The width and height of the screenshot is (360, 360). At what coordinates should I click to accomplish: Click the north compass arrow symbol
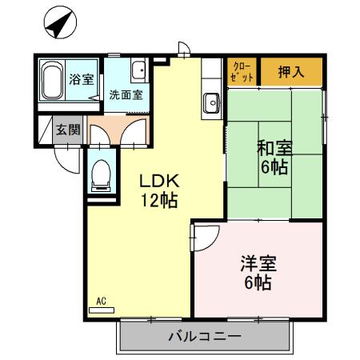pos(58,24)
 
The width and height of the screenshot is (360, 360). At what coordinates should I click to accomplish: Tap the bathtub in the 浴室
pos(52,82)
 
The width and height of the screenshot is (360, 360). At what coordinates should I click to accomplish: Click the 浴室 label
pos(81,79)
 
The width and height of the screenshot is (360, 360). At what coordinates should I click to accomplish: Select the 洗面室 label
pos(126,94)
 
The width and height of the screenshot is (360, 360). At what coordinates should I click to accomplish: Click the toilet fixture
pos(102,174)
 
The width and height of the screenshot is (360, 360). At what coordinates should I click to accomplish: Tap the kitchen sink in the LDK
pos(213,102)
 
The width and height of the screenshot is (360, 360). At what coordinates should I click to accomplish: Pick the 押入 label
pos(291,72)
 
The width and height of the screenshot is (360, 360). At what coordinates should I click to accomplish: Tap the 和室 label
pos(273,150)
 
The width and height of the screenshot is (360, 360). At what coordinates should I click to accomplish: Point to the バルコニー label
pos(204,336)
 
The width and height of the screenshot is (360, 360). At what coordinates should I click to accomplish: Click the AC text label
pos(102,301)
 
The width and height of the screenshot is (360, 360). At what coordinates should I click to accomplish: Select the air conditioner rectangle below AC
pos(102,310)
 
